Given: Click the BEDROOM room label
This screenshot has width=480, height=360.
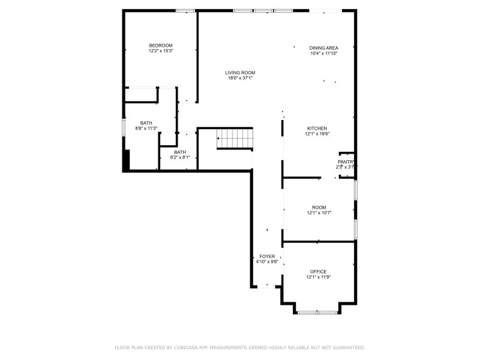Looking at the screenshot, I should (x=161, y=46).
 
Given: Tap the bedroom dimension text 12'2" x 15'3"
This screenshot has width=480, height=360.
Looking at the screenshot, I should (x=161, y=51).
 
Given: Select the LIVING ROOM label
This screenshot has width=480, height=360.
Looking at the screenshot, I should (x=240, y=73).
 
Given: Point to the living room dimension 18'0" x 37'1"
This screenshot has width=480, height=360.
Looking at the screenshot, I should (x=240, y=78).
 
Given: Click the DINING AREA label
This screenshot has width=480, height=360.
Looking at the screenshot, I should (x=324, y=48).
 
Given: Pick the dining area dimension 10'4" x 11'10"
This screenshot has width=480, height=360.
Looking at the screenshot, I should (x=324, y=53).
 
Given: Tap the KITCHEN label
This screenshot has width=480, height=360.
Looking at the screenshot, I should (x=317, y=128).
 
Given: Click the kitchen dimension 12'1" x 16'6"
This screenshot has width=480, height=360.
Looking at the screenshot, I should (x=317, y=134).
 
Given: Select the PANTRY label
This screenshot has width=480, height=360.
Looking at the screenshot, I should (x=346, y=162).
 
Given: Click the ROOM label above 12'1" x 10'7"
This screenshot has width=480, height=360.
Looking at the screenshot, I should (x=319, y=207).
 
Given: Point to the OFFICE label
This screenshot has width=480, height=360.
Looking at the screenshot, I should (x=318, y=271).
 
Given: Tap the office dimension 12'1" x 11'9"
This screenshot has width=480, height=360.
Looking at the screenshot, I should (x=318, y=277).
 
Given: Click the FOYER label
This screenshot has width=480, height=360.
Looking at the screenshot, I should (x=267, y=256).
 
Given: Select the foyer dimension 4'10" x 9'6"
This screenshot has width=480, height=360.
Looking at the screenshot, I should (x=267, y=262).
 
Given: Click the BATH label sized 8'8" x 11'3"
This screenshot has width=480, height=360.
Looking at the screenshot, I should (x=146, y=122).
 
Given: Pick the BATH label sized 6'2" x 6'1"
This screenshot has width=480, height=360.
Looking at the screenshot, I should (x=180, y=152).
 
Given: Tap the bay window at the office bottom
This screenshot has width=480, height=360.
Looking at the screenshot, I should (x=318, y=312).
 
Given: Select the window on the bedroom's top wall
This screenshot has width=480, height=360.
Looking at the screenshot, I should (x=185, y=10).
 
